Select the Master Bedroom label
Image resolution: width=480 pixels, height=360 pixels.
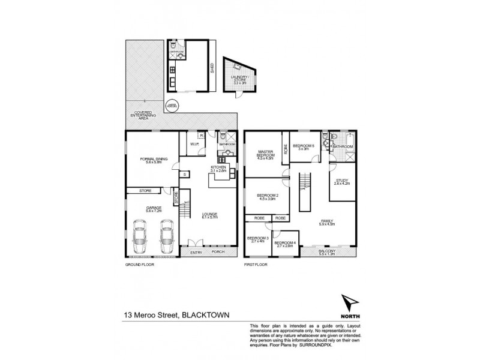coord(266,155)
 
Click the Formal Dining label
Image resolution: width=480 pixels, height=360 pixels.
coord(151,161)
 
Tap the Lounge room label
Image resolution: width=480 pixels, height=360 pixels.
coord(209,216)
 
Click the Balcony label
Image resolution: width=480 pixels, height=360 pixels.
coord(326,252)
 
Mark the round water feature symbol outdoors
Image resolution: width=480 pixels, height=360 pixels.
coord(172,104)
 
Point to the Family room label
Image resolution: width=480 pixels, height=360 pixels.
coord(326,222)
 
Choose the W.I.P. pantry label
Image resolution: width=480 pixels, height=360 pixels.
coord(194,144)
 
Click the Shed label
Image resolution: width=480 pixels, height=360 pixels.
coord(212,68)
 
